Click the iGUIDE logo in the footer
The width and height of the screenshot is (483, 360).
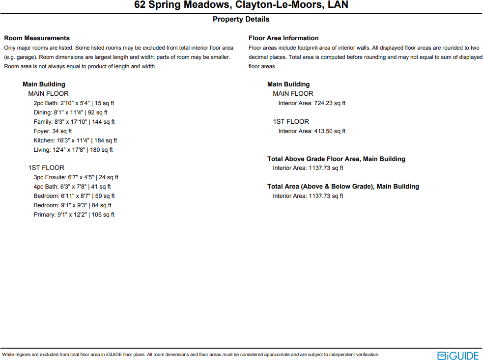[458, 355]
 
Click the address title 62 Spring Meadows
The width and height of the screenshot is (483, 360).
[241, 5]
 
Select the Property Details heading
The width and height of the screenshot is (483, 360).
[241, 19]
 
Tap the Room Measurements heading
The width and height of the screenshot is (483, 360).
[37, 38]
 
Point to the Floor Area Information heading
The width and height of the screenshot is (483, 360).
[284, 38]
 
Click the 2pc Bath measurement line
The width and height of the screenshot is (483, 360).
[74, 103]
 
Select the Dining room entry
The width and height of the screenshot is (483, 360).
[71, 112]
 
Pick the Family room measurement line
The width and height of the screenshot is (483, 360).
[74, 122]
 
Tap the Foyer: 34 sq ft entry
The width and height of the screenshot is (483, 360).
[53, 131]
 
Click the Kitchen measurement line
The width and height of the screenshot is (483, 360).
[75, 140]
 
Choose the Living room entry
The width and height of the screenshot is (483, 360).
[73, 150]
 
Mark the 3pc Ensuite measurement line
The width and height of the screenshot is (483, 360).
[76, 177]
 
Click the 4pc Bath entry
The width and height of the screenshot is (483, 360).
[72, 187]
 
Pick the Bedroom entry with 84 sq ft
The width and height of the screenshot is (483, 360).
[73, 205]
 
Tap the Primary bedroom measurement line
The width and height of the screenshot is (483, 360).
[74, 215]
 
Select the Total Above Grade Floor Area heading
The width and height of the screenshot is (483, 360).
[336, 159]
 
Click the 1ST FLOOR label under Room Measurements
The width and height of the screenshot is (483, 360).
[46, 168]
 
